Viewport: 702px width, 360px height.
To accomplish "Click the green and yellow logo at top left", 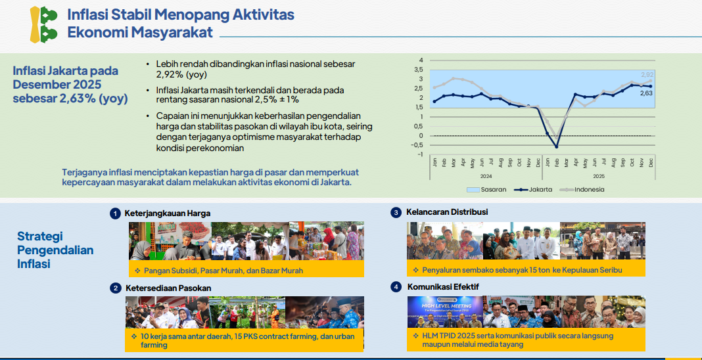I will pyautogui.click(x=44, y=24).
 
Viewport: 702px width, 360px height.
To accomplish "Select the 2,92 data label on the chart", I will pyautogui.click(x=647, y=75).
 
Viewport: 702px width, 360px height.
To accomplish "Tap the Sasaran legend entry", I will pyautogui.click(x=486, y=189).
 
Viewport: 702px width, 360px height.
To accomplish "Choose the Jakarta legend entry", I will pyautogui.click(x=533, y=189).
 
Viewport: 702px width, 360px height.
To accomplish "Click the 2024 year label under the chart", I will pyautogui.click(x=486, y=175).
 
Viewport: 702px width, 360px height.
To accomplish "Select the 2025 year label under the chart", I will pyautogui.click(x=598, y=175).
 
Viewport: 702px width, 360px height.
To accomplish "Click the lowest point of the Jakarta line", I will pyautogui.click(x=556, y=146).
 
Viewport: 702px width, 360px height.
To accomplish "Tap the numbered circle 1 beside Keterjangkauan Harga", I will pyautogui.click(x=115, y=214).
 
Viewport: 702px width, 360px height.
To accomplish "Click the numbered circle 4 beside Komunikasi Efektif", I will pyautogui.click(x=396, y=287).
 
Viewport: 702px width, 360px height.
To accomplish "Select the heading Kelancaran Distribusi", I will pyautogui.click(x=447, y=212).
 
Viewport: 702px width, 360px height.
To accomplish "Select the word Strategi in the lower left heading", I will pyautogui.click(x=39, y=236).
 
